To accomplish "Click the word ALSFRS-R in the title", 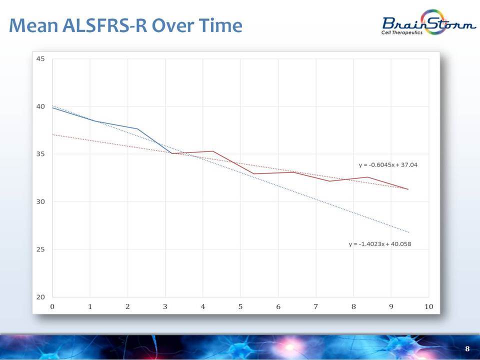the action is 104,25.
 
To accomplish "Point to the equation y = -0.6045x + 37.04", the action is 388,164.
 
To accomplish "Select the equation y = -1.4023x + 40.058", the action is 380,244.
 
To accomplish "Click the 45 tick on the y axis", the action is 40,59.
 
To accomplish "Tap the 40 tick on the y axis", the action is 40,106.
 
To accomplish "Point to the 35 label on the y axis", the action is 40,154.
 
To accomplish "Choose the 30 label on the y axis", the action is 40,201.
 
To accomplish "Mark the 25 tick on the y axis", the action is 40,249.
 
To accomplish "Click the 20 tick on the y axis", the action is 40,297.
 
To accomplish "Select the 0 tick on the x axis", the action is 52,306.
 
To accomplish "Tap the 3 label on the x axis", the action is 165,306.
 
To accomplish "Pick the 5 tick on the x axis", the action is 240,306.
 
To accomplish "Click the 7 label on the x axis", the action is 316,306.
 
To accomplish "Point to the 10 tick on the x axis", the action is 428,306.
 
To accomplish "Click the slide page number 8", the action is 467,348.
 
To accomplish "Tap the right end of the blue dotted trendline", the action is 408,232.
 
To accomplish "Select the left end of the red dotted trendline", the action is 52,134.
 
